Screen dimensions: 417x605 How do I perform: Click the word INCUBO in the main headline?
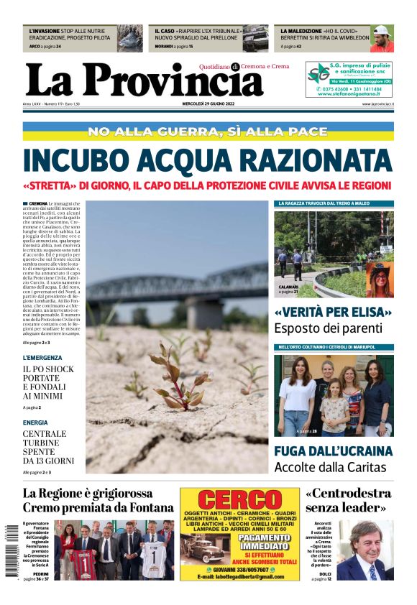click(x=80, y=160)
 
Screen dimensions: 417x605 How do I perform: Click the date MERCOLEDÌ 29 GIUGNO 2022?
click(x=208, y=103)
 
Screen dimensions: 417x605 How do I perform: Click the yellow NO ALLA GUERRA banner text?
click(x=208, y=131)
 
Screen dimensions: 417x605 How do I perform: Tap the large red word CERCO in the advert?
click(x=239, y=500)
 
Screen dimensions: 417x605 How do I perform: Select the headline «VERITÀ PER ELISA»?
click(x=333, y=313)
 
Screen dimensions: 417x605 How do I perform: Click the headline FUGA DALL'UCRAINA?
click(x=333, y=451)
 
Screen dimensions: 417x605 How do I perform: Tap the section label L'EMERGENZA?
click(x=42, y=357)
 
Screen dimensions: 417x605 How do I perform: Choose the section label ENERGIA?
click(x=35, y=423)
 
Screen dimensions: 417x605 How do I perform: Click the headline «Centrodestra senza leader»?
click(x=348, y=500)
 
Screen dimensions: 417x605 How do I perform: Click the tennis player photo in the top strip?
click(x=382, y=38)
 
